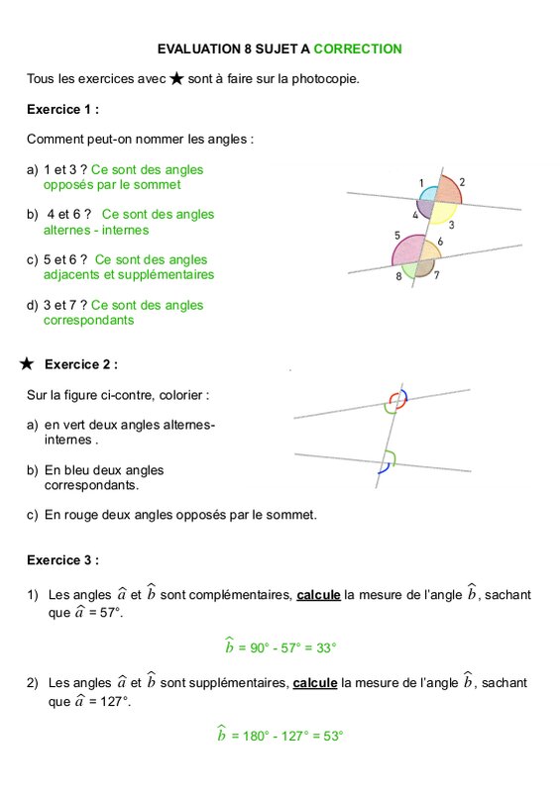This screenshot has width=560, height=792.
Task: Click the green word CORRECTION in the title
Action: click(358, 49)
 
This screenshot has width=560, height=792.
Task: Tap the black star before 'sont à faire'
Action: click(176, 79)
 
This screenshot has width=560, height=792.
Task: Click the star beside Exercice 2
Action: click(27, 363)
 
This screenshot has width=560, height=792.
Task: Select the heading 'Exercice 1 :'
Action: click(62, 109)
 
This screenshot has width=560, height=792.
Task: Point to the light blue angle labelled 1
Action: click(429, 194)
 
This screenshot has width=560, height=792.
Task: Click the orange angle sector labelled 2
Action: click(448, 190)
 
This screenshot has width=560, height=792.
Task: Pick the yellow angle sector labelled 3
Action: click(443, 212)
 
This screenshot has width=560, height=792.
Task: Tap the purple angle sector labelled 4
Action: click(425, 208)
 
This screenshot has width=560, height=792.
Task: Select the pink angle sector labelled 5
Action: click(408, 250)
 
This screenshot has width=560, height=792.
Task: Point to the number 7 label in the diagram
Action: click(436, 275)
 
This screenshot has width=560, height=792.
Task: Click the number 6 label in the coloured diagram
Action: click(440, 242)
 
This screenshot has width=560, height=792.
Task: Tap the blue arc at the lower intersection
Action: click(386, 469)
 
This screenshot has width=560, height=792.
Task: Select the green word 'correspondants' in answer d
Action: click(88, 320)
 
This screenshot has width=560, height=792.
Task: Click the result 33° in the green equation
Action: click(326, 647)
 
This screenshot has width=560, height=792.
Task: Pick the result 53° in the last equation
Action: click(333, 736)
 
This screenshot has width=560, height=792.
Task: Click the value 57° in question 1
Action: click(111, 613)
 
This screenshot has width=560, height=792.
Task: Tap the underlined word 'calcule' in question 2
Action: click(315, 683)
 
